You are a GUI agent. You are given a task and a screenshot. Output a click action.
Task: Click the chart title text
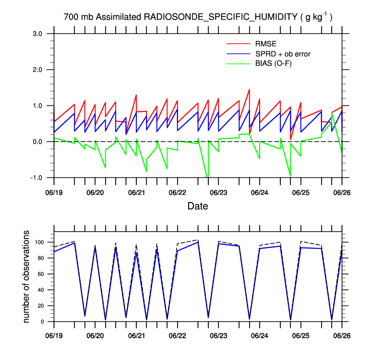click(x=198, y=17)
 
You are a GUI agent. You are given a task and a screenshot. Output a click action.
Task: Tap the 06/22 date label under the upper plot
click(x=178, y=192)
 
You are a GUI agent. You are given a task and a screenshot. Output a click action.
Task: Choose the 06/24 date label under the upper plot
click(x=260, y=192)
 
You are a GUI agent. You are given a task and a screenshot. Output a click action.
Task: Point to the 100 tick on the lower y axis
click(x=41, y=242)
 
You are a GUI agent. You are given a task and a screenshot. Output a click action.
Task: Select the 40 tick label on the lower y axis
click(x=43, y=290)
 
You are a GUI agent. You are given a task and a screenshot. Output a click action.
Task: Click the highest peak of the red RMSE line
click(x=249, y=90)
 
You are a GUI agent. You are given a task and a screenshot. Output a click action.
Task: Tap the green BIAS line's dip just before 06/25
click(x=290, y=176)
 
